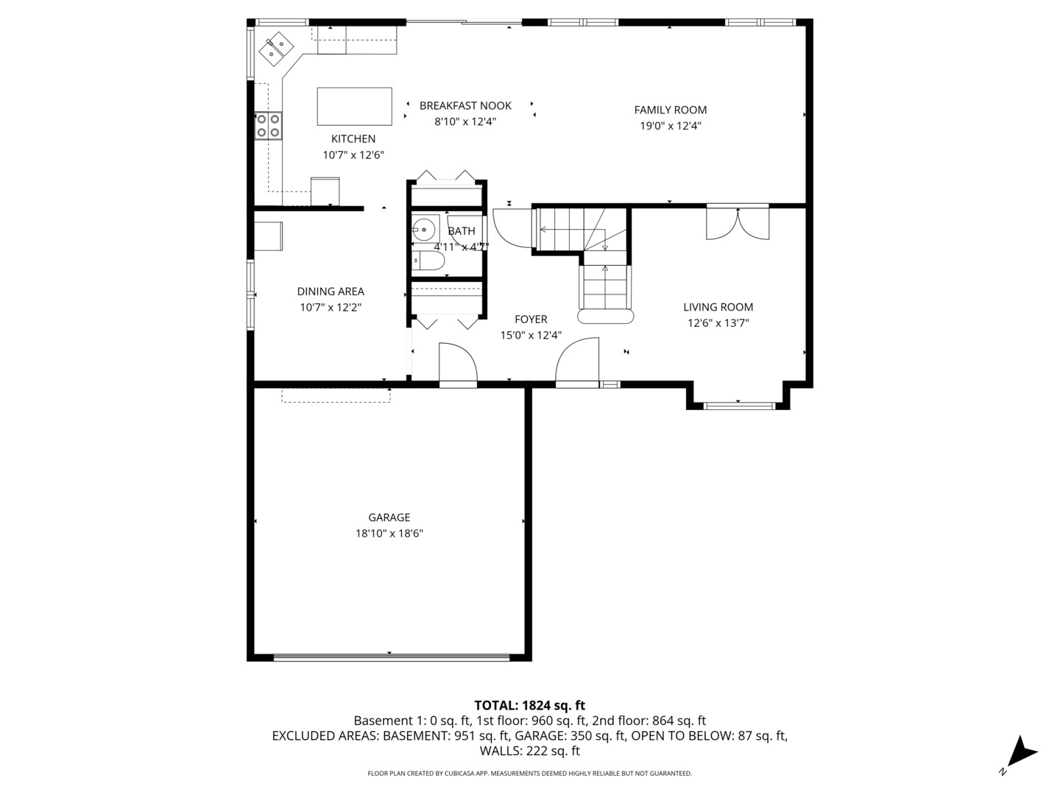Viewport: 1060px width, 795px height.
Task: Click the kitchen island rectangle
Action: [354, 107]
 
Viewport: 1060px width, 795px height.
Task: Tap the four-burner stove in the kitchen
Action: [268, 125]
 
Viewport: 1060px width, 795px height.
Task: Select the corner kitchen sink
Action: [276, 48]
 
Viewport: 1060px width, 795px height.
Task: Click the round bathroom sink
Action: [423, 229]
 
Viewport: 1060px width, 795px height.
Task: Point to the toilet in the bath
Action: [428, 261]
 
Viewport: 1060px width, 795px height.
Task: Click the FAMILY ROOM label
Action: [670, 110]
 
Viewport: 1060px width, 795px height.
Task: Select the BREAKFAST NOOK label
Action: [465, 105]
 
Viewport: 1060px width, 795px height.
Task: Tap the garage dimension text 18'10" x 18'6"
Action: [389, 534]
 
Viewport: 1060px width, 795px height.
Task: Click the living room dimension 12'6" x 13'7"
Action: [718, 322]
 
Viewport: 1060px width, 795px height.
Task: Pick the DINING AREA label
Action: [331, 291]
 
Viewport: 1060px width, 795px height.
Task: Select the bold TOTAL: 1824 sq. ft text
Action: [529, 705]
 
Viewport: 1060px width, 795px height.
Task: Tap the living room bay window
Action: [738, 405]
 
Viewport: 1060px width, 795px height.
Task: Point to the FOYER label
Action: [531, 319]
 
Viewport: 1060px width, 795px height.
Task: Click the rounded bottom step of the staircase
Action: [606, 317]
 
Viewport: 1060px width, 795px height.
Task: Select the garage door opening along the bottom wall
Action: [390, 656]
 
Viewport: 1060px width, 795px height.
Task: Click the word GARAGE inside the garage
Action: [389, 517]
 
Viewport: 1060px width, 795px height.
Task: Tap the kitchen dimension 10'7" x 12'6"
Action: [353, 155]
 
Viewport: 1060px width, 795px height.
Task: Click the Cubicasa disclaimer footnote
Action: [529, 773]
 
